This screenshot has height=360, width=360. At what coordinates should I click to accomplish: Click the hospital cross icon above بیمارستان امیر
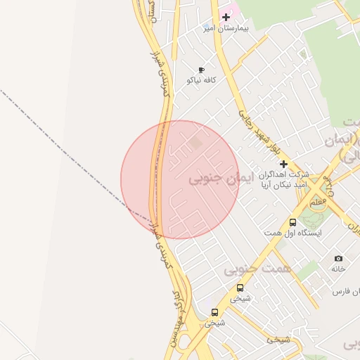226,17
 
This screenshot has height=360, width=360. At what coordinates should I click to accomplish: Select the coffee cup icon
201,70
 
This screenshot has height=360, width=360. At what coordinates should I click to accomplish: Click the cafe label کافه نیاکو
201,80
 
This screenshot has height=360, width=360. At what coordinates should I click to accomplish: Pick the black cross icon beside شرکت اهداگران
284,164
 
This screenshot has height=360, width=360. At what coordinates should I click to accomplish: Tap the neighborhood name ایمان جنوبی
214,179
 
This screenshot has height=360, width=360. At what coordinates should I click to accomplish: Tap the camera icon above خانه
339,259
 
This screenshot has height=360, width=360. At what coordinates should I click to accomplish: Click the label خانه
339,269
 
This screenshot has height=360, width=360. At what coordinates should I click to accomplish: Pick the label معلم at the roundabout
318,202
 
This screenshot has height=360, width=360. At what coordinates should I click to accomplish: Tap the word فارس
342,291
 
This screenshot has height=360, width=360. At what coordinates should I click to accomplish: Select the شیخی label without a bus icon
277,340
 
